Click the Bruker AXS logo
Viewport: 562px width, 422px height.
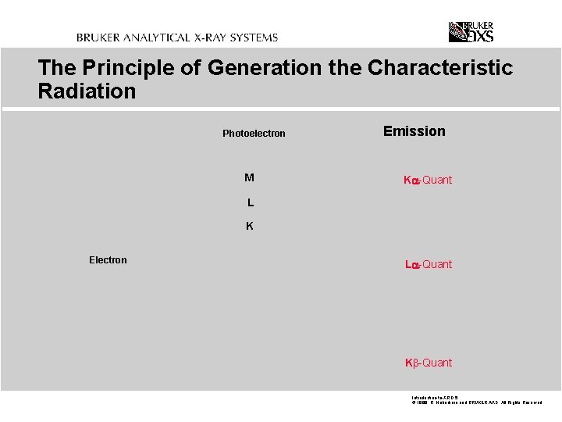pyautogui.click(x=471, y=31)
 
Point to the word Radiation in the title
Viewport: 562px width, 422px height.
pyautogui.click(x=87, y=91)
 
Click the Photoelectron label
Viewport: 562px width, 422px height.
pyautogui.click(x=254, y=134)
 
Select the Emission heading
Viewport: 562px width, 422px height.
pyautogui.click(x=414, y=131)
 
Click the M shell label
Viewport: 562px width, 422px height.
pyautogui.click(x=249, y=177)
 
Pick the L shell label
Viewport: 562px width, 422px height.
pyautogui.click(x=250, y=202)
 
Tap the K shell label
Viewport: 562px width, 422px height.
pyautogui.click(x=250, y=227)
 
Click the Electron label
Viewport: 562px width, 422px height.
pyautogui.click(x=108, y=260)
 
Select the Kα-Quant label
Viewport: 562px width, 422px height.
pyautogui.click(x=427, y=181)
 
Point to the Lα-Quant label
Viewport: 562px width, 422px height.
pyautogui.click(x=428, y=265)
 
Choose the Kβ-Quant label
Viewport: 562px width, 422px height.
pyautogui.click(x=428, y=363)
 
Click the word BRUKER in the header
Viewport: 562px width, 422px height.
pyautogui.click(x=101, y=38)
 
